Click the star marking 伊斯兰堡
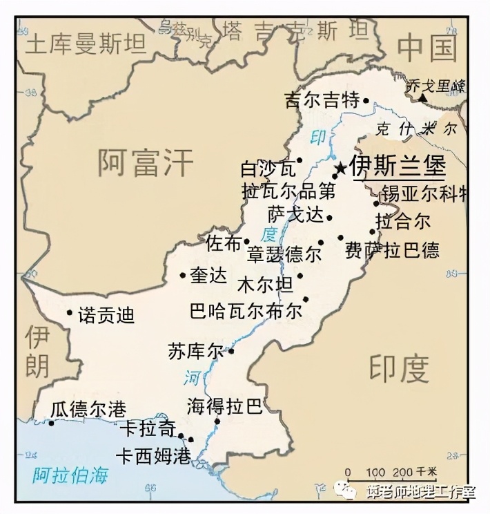click(340, 168)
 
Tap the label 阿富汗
click(145, 164)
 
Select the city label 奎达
click(208, 276)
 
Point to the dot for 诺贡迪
click(69, 312)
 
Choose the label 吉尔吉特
click(322, 101)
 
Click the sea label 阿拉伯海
click(72, 475)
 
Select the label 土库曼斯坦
click(86, 45)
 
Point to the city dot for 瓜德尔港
click(51, 423)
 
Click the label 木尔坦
click(265, 284)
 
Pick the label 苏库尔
click(196, 351)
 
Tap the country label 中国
click(428, 49)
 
